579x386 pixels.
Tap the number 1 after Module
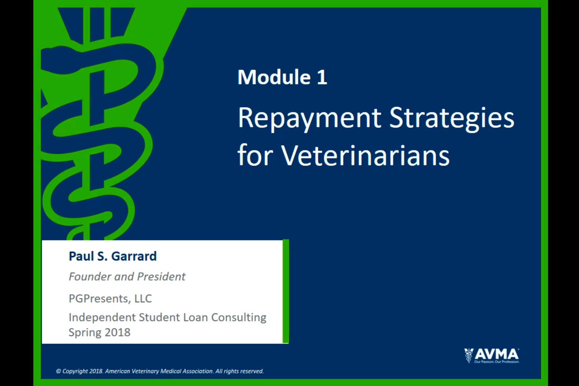tap(322, 77)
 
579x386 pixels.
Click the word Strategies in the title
tap(452, 118)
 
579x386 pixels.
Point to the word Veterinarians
tap(365, 156)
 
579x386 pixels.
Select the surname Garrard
tap(134, 256)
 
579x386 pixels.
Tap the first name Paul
tap(81, 256)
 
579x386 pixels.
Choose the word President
tap(161, 277)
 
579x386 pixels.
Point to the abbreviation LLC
tap(143, 299)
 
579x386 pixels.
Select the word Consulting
tap(239, 318)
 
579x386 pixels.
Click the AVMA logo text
tap(497, 354)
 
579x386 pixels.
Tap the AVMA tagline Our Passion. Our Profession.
tap(497, 362)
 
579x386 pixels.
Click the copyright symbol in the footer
tap(59, 371)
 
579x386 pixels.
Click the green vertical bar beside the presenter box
tap(286, 291)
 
